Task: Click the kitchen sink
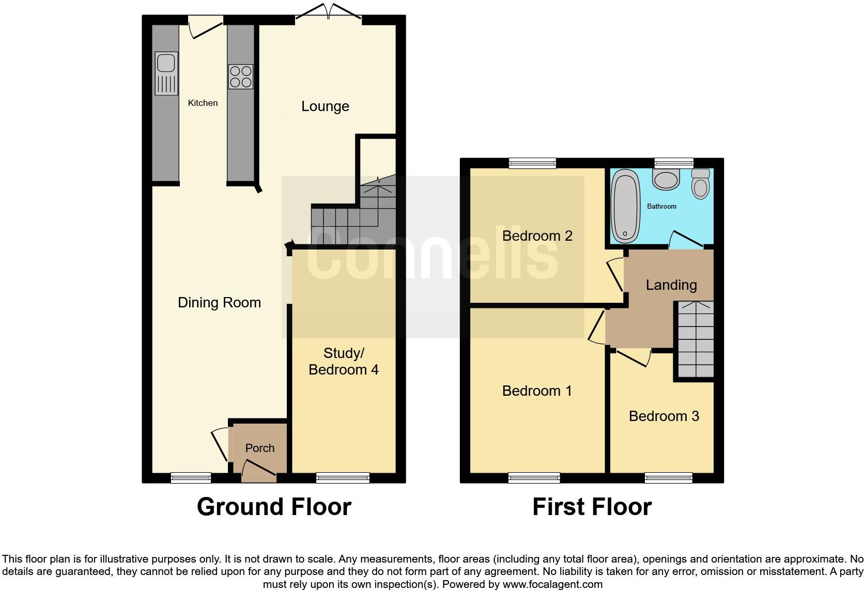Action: click(166, 73)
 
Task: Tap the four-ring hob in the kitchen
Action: click(241, 76)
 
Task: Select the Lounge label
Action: click(325, 106)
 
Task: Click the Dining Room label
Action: click(219, 303)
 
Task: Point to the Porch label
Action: click(259, 448)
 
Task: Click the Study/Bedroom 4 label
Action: click(344, 362)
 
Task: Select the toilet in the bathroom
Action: click(701, 184)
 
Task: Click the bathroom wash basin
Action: click(666, 179)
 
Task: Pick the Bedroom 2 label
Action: click(537, 236)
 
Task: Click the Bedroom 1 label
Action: click(537, 391)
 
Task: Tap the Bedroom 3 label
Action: click(664, 416)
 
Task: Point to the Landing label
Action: click(671, 285)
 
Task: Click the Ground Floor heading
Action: click(274, 507)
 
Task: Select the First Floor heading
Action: click(592, 507)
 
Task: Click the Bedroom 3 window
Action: click(668, 478)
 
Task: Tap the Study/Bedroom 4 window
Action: click(343, 478)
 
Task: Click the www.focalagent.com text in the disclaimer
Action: click(552, 585)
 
